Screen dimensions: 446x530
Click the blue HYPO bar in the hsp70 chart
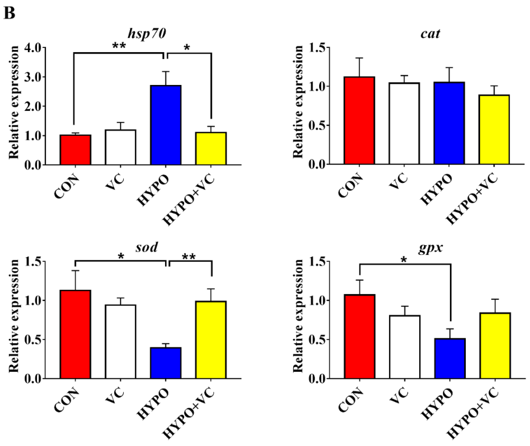tap(166, 125)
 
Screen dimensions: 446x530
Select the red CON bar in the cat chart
tap(359, 121)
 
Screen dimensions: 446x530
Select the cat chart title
tap(430, 34)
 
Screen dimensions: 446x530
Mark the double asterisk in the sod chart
tap(189, 257)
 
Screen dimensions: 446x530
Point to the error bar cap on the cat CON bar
tap(359, 58)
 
